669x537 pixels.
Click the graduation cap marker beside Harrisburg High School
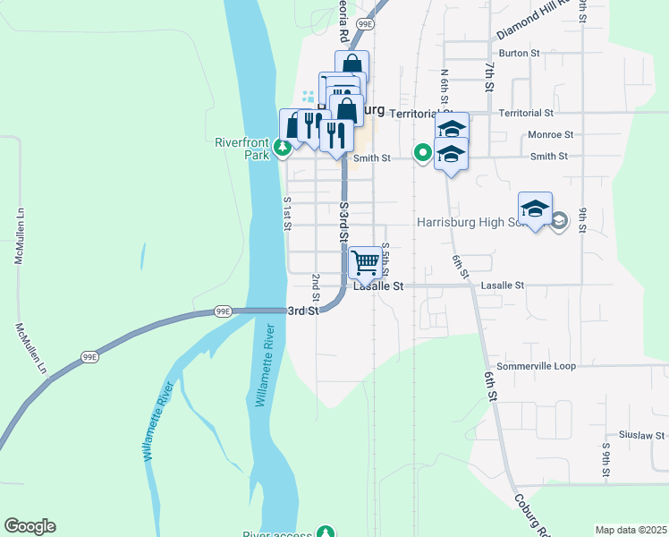535,209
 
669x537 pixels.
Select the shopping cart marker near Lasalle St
365,263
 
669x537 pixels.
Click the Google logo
30,526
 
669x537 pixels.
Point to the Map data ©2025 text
631,530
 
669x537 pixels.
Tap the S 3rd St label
343,222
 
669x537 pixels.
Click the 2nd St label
315,287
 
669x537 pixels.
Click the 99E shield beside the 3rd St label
223,311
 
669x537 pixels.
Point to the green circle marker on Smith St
420,153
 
